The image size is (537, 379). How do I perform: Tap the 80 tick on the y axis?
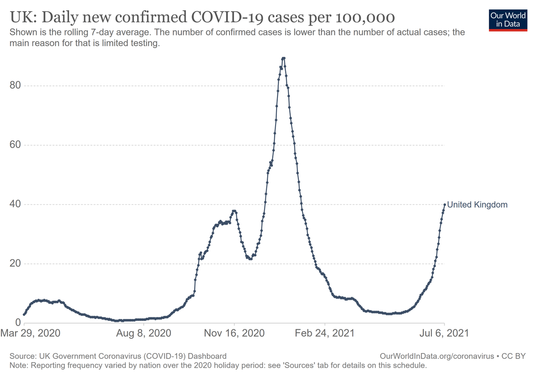(x=16, y=85)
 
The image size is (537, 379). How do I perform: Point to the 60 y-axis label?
(x=16, y=145)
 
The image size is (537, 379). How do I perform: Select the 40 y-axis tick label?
(x=16, y=204)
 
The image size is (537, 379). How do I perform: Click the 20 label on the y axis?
(x=16, y=264)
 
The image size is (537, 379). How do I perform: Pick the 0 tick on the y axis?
(x=18, y=323)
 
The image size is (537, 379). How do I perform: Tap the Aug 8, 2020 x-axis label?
(x=144, y=333)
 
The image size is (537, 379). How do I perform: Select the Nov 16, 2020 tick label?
(x=234, y=333)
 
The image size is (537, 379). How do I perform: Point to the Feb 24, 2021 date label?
(x=325, y=333)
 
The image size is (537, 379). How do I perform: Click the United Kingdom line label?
(x=477, y=205)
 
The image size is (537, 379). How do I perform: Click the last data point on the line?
(x=444, y=204)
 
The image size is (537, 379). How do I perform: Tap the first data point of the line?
(x=24, y=315)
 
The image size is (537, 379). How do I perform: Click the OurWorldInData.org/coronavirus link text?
(x=436, y=356)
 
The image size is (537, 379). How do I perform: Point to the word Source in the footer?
(x=21, y=356)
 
